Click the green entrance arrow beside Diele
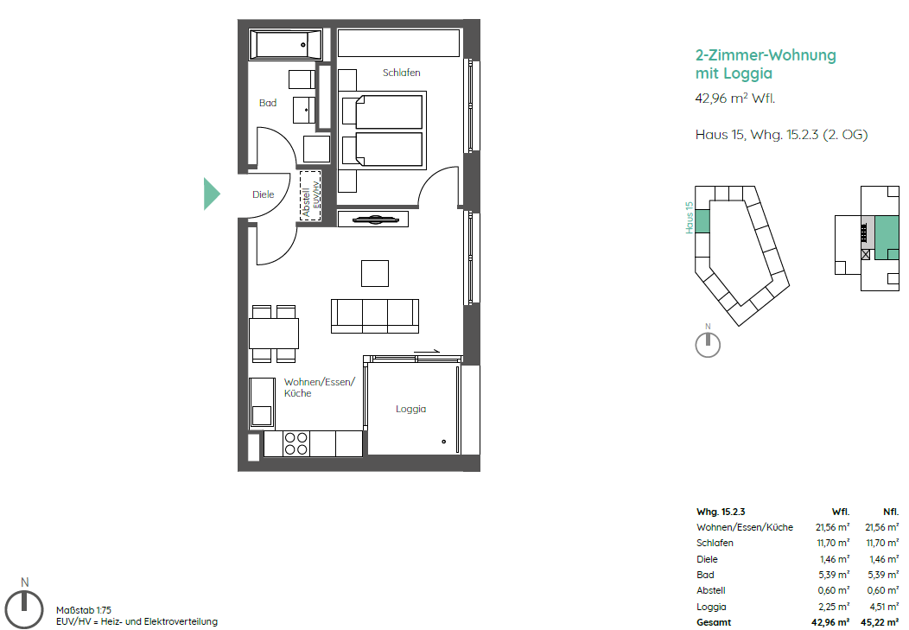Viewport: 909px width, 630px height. coord(211,194)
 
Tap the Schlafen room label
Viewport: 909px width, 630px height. coord(401,73)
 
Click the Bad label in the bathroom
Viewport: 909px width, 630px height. coord(268,103)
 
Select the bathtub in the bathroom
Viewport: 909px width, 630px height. coord(286,45)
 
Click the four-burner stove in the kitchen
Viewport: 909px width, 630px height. coord(296,444)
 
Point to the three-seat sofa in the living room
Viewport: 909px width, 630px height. coord(375,316)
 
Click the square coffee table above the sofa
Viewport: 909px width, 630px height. coord(375,274)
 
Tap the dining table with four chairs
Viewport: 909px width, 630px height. coord(274,334)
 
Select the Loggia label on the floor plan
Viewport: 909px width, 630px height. coord(411,409)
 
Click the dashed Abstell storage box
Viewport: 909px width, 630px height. coord(310,194)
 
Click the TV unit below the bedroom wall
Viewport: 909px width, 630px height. coord(372,220)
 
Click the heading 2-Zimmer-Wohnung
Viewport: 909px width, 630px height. coord(766,55)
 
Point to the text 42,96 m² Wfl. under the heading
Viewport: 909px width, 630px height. coord(735,99)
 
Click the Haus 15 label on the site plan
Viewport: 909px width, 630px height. coord(690,218)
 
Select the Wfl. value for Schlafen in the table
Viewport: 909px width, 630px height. coord(833,543)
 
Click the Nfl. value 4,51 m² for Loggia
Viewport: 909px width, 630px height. coord(882,607)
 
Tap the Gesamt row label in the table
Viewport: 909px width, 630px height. coord(714,622)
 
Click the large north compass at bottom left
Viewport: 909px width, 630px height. coord(24,608)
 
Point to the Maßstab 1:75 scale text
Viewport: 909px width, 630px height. coord(84,610)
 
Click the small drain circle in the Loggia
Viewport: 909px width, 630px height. coord(444,442)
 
